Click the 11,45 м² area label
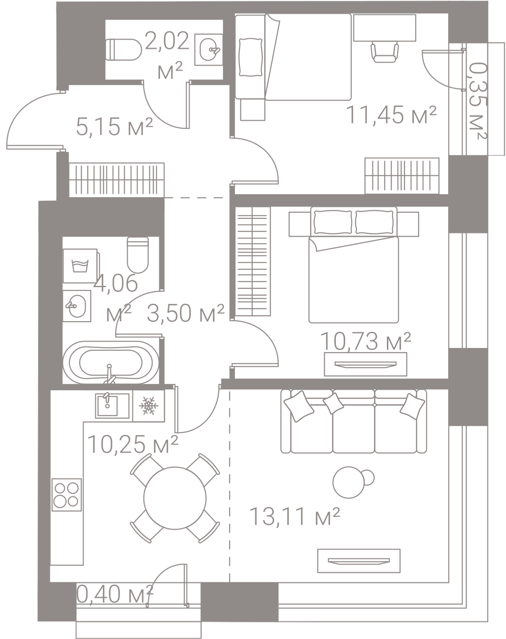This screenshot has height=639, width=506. [x=392, y=115]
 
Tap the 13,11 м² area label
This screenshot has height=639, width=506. [x=296, y=517]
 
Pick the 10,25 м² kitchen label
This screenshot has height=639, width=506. [x=132, y=445]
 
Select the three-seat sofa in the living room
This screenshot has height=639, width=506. [x=353, y=422]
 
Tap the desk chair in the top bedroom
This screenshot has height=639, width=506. [x=386, y=52]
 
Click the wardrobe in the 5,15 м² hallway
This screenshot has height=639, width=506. [x=117, y=178]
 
